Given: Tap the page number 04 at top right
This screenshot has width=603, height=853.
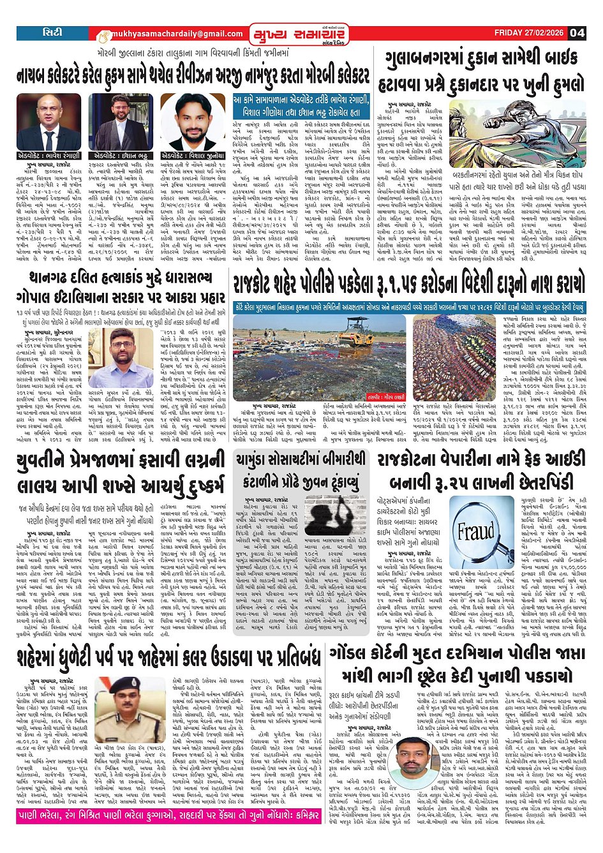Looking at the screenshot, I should tap(577, 33).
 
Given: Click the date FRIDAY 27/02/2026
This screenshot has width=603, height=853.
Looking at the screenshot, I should tap(530, 33).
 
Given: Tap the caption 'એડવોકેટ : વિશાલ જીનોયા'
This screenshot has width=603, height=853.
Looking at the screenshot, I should tap(193, 156).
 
